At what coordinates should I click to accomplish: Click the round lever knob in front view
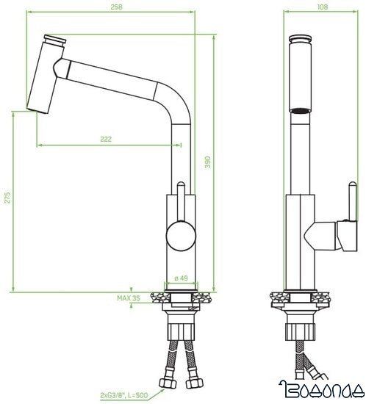pyautogui.click(x=179, y=237)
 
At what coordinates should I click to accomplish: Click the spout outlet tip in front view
pyautogui.click(x=32, y=108)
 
